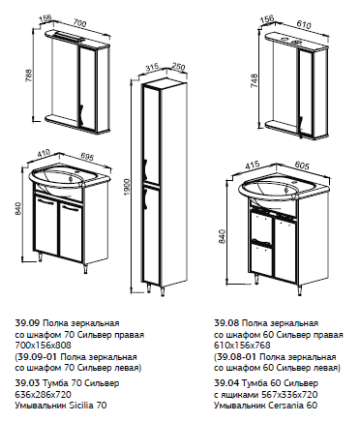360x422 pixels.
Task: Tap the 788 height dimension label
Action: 29,75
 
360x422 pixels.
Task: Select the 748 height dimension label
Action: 254,81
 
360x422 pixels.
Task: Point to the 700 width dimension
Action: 80,23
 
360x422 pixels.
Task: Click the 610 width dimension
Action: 303,24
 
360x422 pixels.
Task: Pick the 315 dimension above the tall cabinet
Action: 152,68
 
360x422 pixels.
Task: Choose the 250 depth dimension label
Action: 178,67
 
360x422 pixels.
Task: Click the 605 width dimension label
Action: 302,166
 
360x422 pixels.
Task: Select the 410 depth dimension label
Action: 43,152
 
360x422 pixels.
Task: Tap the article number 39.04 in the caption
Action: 226,383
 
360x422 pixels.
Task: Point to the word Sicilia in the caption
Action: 80,405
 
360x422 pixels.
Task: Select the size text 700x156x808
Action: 44,346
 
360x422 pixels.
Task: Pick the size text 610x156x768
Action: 242,346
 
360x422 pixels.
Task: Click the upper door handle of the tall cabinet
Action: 145,167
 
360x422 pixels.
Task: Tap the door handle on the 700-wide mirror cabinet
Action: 80,113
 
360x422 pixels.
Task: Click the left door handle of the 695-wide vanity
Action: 45,201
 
